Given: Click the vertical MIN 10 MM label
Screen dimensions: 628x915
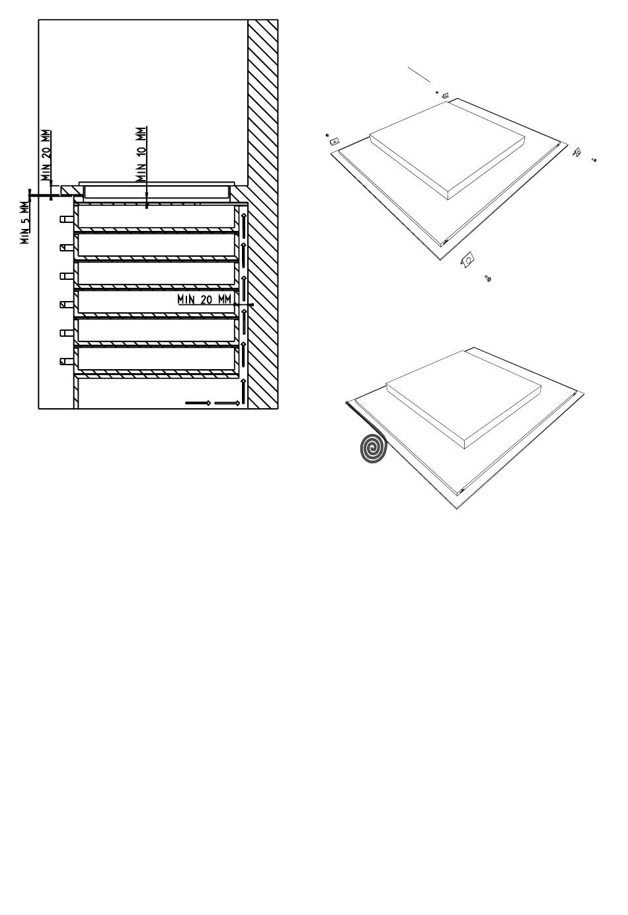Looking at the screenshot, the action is (141, 154).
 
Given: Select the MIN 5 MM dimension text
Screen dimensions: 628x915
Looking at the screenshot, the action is (25, 222).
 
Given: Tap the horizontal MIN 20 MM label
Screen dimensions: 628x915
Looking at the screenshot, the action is (204, 300).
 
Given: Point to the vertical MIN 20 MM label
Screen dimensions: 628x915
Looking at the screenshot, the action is (46, 155).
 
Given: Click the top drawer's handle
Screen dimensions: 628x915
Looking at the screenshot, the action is (66, 220).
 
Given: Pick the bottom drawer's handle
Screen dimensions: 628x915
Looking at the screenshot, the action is (66, 361).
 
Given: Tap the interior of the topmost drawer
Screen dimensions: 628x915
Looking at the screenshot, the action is (156, 216).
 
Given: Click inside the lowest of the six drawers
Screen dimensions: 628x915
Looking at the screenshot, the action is (156, 358).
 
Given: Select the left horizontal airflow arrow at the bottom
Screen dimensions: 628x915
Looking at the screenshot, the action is (198, 403).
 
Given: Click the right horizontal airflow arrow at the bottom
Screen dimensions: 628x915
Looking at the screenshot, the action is (227, 403).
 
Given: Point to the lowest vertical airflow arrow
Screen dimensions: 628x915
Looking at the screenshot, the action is (244, 391).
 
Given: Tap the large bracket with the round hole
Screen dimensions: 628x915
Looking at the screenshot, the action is (467, 259).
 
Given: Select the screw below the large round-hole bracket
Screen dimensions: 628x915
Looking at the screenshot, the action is (488, 279).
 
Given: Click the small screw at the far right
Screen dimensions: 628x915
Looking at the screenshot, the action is (594, 159).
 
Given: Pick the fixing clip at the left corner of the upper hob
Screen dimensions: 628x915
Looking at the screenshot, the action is (334, 142).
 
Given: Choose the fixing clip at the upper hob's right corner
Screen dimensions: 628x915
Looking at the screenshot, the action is (577, 152).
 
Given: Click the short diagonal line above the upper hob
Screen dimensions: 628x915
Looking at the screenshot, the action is (419, 74).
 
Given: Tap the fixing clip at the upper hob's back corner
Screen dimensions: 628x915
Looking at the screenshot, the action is (446, 95).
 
